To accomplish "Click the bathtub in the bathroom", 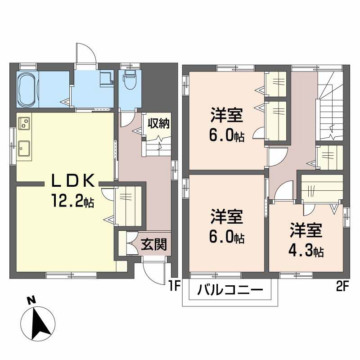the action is tap(27, 90).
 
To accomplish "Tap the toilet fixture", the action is tap(129, 78).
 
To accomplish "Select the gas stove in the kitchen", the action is tap(24, 123).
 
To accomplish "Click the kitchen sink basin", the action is tap(24, 148).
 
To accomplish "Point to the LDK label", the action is tap(72, 181).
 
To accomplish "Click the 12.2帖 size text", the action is tap(72, 200).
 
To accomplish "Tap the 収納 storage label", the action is tap(159, 123).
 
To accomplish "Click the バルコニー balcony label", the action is tap(230, 290).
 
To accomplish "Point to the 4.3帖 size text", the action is tap(306, 251).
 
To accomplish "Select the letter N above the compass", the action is tap(31, 301).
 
